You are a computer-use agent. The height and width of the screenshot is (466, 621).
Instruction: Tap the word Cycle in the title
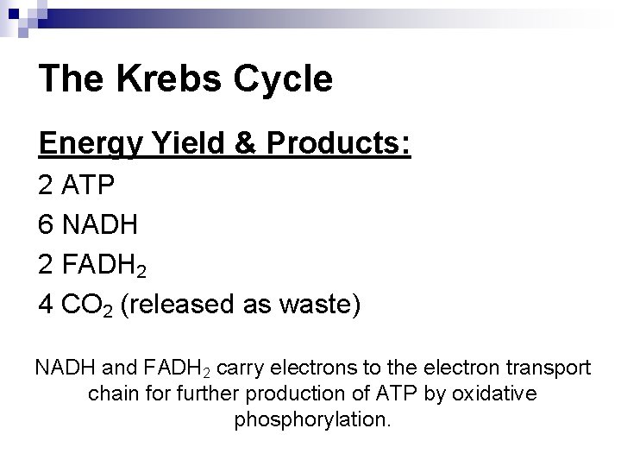pos(283,79)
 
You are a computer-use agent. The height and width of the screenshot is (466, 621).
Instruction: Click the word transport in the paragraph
pos(549,368)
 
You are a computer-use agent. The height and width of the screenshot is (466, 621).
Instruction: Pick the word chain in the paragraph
pos(112,394)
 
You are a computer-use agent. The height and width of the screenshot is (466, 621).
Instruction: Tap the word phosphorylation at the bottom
pos(312,420)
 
